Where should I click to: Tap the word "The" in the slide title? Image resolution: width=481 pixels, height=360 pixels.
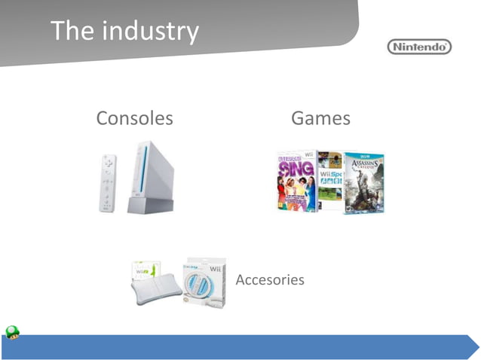click(72, 31)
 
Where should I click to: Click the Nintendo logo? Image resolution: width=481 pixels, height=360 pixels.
click(420, 47)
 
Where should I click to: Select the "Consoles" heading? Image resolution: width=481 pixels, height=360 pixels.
click(134, 118)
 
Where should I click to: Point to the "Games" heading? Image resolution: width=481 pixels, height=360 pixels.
click(320, 118)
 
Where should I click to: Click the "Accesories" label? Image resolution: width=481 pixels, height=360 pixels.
click(270, 280)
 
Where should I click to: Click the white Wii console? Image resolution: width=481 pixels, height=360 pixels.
click(150, 173)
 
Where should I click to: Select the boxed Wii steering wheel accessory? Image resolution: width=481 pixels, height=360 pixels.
click(204, 282)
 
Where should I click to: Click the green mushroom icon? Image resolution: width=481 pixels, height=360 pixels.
click(13, 332)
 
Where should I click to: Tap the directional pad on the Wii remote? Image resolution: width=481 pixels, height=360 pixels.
click(109, 163)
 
